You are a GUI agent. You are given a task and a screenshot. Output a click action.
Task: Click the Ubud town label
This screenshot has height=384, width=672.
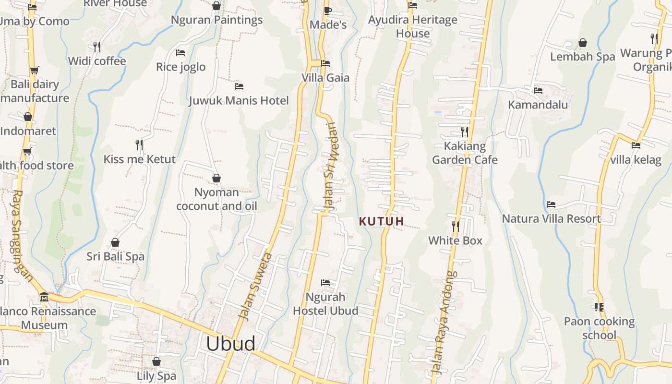[230, 344]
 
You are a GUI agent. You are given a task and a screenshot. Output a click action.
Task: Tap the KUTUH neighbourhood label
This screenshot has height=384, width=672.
[382, 221]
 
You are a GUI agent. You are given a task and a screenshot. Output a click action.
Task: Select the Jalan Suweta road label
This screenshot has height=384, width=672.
[256, 287]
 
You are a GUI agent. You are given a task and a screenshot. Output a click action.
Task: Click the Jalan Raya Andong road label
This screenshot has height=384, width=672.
[444, 323]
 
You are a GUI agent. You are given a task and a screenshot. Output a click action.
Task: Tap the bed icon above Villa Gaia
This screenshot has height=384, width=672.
[325, 63]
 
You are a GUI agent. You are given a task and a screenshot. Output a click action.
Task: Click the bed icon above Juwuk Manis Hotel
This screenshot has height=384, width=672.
[239, 86]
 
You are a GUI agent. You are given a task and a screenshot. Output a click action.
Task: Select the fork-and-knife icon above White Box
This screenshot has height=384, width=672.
[455, 226]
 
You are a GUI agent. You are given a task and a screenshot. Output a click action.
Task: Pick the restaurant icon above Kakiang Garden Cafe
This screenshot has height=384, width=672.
[464, 131]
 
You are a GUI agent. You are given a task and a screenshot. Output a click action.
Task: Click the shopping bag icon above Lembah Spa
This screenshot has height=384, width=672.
[582, 43]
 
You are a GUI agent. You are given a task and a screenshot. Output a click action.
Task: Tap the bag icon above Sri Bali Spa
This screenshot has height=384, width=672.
[115, 242]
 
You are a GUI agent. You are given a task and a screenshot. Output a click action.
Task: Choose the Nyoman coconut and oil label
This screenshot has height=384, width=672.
[216, 199]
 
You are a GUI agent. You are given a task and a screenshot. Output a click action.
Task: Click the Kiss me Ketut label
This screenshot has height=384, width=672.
[140, 159]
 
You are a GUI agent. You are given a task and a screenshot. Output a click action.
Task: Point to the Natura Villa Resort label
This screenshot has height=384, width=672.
[551, 218]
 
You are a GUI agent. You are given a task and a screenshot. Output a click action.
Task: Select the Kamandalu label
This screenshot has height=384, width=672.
[538, 105]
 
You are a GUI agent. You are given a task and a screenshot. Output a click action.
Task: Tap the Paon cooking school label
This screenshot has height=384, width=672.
[599, 328]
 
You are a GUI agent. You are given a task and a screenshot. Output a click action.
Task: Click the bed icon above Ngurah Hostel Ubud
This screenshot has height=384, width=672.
[325, 283]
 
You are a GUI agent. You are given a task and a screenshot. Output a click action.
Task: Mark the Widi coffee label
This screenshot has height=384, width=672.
[97, 61]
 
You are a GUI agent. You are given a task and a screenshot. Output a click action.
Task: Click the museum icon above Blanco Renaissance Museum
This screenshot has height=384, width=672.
[44, 297]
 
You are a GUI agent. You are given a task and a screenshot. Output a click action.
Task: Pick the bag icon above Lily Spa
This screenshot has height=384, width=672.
[156, 361]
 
